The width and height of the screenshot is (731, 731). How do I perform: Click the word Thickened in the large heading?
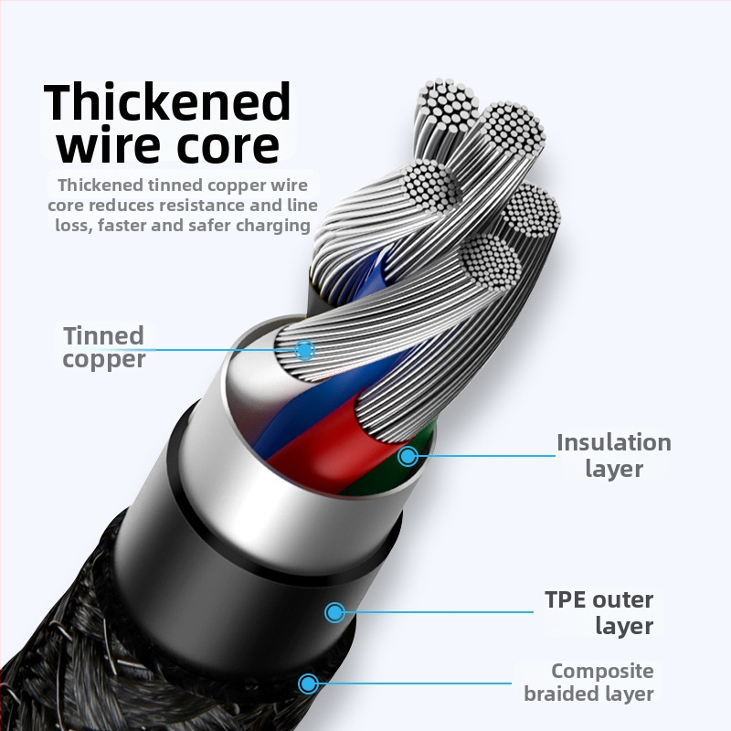tap(168, 101)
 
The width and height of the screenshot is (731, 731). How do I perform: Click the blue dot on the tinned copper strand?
tap(304, 349)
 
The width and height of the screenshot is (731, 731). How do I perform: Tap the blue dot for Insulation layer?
tap(408, 455)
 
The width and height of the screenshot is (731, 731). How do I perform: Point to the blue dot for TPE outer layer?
tap(335, 612)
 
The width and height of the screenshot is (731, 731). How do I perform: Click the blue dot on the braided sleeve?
tap(308, 682)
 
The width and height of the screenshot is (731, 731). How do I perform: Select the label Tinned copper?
tap(104, 347)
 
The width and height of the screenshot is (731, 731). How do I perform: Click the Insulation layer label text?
tap(613, 455)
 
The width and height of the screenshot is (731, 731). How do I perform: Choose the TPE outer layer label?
tap(599, 612)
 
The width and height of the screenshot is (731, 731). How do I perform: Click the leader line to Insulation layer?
tap(484, 455)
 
